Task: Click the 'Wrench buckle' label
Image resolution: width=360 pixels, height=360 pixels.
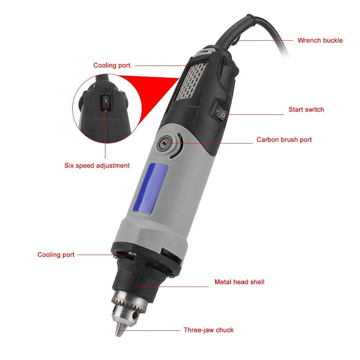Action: [x=320, y=40]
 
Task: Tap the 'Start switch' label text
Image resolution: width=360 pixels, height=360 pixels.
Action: [x=306, y=110]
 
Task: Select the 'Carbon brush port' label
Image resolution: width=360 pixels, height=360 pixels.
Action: [x=284, y=140]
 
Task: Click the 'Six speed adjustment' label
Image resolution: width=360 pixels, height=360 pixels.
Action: [x=97, y=165]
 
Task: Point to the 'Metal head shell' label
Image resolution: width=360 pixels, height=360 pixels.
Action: [x=240, y=282]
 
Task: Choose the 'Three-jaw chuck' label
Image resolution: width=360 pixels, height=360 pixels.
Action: [x=209, y=330]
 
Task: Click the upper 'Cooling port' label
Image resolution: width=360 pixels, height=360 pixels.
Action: [x=112, y=65]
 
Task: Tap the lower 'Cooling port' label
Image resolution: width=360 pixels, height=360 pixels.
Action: [x=56, y=255]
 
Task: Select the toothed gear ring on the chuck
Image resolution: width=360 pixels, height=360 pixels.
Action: [x=129, y=303]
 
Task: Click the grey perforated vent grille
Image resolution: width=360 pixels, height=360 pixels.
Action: [x=191, y=82]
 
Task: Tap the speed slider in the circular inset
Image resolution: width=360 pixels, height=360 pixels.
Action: [x=106, y=103]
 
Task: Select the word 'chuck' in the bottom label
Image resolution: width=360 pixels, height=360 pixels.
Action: [x=224, y=330]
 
